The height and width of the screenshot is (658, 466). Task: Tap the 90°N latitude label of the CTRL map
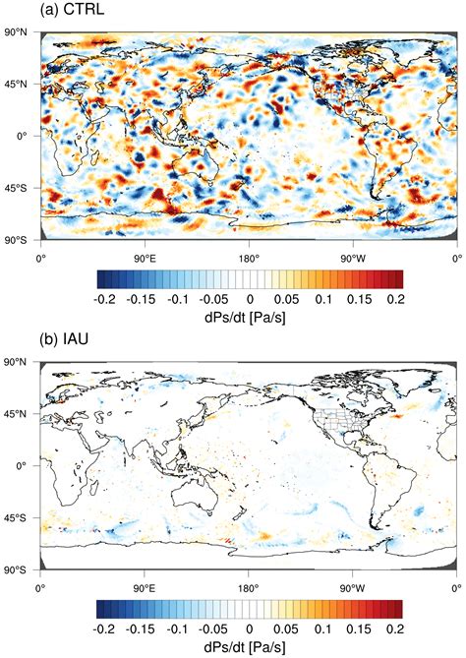click(x=20, y=32)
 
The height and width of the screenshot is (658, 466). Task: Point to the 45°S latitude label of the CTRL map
click(x=20, y=187)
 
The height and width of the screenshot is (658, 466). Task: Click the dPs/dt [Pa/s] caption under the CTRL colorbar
click(x=249, y=315)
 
